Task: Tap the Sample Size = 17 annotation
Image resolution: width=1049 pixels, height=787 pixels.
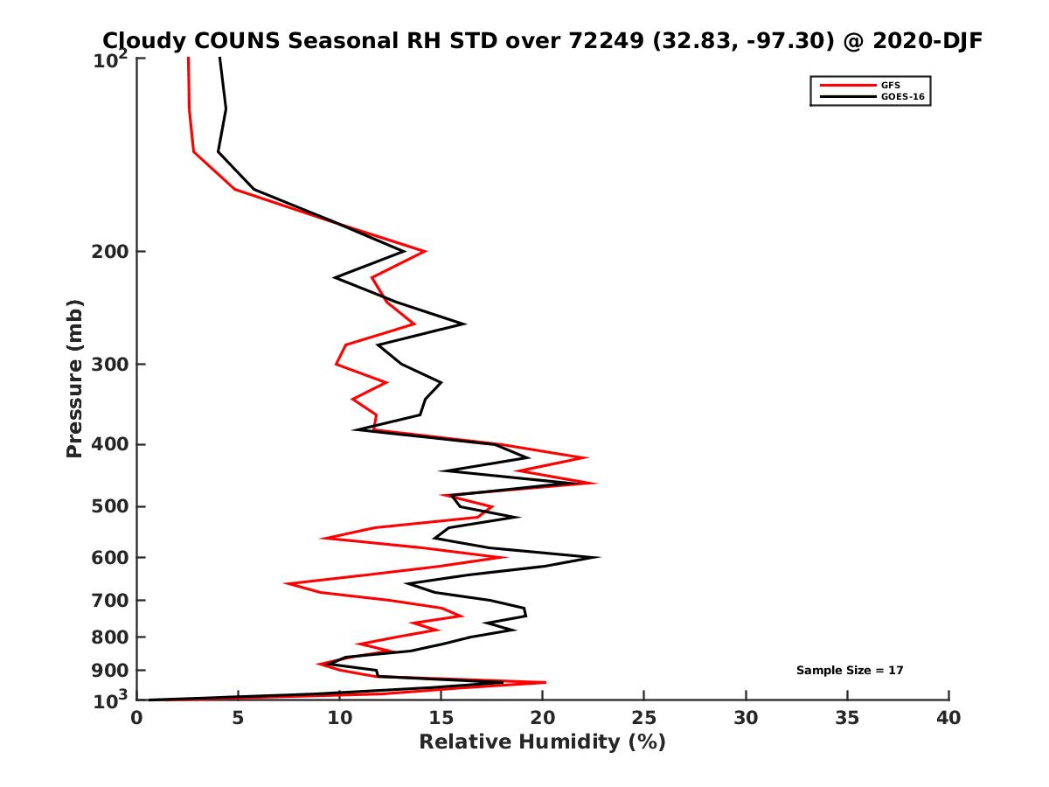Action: click(x=849, y=670)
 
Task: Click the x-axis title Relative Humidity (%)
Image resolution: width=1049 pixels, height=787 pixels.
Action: click(x=542, y=742)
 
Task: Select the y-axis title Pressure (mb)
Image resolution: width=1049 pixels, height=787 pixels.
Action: click(x=74, y=378)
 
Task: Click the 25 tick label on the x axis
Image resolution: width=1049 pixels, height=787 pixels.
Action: click(x=644, y=719)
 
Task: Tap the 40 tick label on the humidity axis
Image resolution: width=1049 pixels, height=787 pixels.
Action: click(x=948, y=719)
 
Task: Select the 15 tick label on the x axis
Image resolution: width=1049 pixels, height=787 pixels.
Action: click(x=441, y=719)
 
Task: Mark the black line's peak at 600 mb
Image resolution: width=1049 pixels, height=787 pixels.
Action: click(x=599, y=557)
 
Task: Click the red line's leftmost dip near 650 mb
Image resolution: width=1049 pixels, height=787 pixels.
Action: click(x=286, y=582)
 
